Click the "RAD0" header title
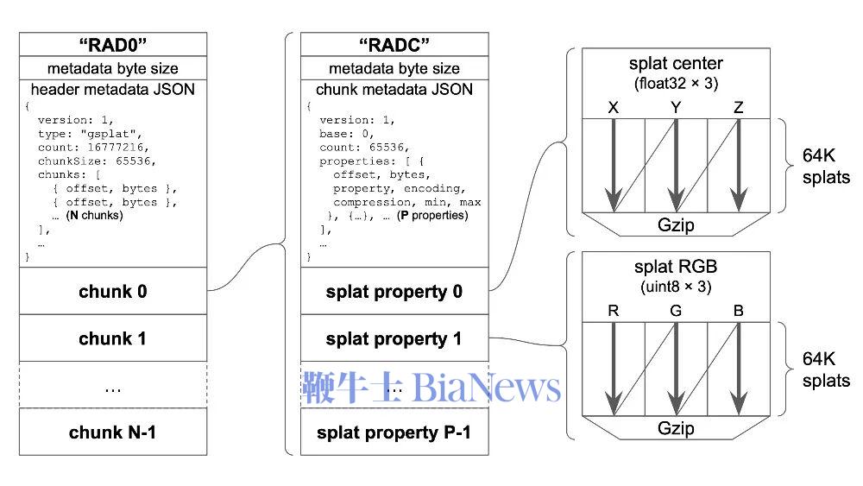pyautogui.click(x=113, y=43)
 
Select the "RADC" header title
pyautogui.click(x=394, y=43)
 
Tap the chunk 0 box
pyautogui.click(x=113, y=292)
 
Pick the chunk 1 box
pyautogui.click(x=113, y=338)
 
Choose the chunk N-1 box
pyautogui.click(x=113, y=432)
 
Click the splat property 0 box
pyautogui.click(x=394, y=292)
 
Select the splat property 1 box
pyautogui.click(x=394, y=338)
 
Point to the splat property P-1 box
pyautogui.click(x=394, y=432)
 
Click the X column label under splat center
pyautogui.click(x=614, y=108)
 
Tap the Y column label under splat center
pyautogui.click(x=677, y=108)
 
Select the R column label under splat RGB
pyautogui.click(x=614, y=311)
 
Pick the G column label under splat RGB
pyautogui.click(x=677, y=311)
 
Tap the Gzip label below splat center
pyautogui.click(x=677, y=225)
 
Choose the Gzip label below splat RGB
pyautogui.click(x=677, y=428)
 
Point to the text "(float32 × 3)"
pyautogui.click(x=677, y=83)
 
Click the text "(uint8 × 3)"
pyautogui.click(x=677, y=286)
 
